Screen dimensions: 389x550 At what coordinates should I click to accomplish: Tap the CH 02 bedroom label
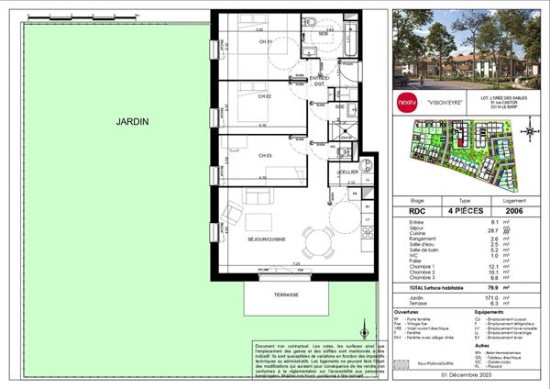point(238,95)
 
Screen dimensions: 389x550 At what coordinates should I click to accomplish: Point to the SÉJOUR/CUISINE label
point(261,239)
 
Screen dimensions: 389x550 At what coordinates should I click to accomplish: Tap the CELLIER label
point(347,172)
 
